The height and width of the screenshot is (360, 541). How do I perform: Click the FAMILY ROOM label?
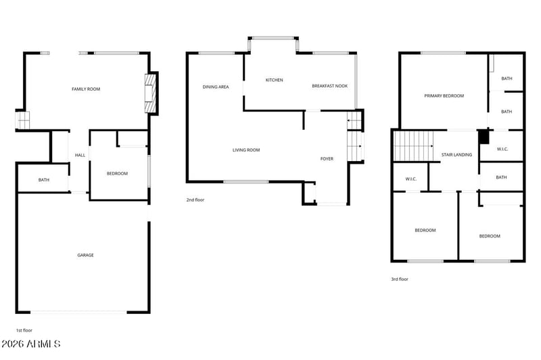point(86,89)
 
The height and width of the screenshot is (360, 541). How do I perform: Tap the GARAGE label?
point(85,255)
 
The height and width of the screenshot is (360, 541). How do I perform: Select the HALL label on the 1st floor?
point(80,156)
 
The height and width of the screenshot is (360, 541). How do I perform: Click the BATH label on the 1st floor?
point(44,180)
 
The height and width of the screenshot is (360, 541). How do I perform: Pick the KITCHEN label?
point(274,80)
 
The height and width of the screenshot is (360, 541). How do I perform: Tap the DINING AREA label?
point(216,87)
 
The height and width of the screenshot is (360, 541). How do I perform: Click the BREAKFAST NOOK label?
point(329,86)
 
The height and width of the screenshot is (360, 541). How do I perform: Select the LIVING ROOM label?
point(246,150)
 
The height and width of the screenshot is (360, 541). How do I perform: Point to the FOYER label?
point(327,158)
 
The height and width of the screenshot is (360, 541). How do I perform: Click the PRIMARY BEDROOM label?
point(444,96)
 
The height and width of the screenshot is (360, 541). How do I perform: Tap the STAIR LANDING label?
point(456,154)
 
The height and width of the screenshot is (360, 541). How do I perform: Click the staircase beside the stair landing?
point(413,146)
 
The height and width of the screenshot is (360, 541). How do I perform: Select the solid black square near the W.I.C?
point(483,136)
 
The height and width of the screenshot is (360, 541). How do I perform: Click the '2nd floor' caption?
point(195,200)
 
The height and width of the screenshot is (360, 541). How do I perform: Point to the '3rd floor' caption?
point(399,279)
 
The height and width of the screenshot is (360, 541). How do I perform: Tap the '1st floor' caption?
point(24,330)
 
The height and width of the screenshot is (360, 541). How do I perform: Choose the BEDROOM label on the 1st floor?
point(117,174)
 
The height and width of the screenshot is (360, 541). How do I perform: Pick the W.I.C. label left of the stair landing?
point(410,179)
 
